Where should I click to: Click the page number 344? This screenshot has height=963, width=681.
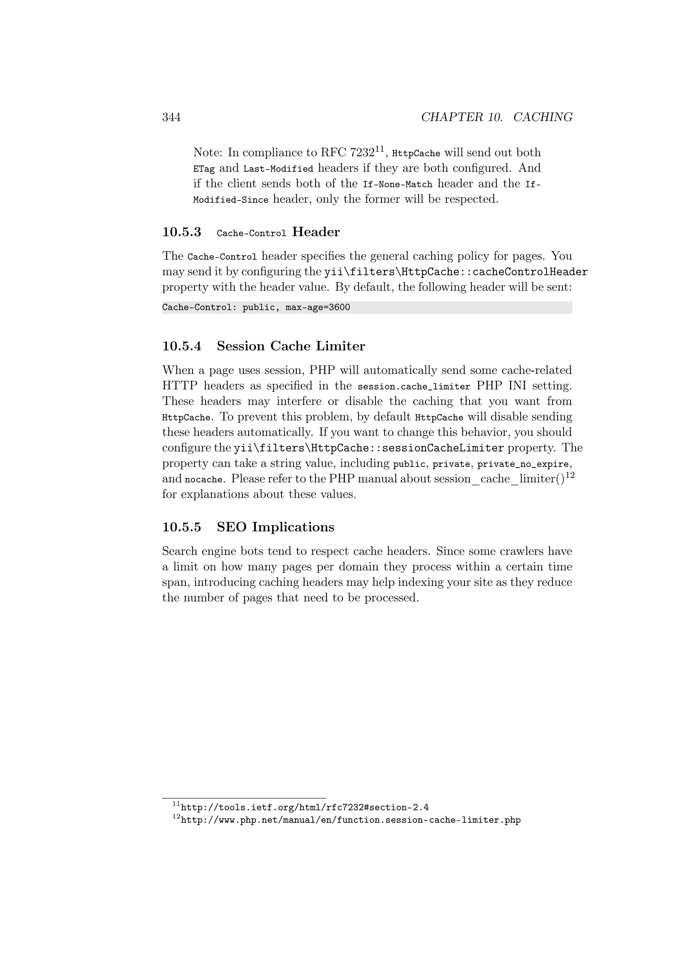tap(171, 117)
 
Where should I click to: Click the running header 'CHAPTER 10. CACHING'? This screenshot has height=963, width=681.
tap(496, 117)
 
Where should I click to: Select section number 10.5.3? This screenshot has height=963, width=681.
tap(182, 232)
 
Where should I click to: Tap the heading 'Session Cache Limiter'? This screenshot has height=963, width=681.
tap(291, 346)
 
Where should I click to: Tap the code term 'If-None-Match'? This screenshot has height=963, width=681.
tap(397, 184)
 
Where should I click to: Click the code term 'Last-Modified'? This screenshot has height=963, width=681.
tap(278, 169)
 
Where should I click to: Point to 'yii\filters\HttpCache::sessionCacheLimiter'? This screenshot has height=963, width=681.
tap(368, 448)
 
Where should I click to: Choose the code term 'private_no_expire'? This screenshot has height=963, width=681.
tap(523, 464)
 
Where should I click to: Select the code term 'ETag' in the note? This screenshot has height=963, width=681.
tap(204, 169)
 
